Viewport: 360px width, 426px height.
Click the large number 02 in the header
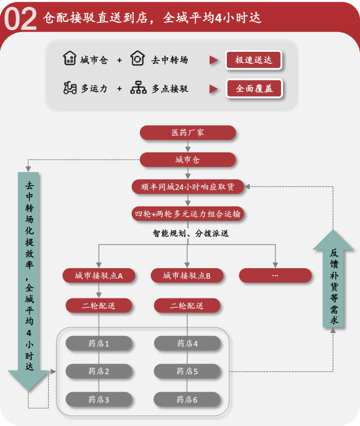coord(20,19)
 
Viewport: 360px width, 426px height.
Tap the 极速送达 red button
coord(253,60)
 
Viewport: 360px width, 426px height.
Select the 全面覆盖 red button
coord(255,88)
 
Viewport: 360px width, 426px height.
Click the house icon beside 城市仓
coord(70,58)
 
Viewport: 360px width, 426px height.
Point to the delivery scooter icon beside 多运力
coord(70,88)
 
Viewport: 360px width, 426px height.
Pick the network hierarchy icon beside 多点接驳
coord(138,88)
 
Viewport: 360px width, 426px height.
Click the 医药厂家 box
coord(188,133)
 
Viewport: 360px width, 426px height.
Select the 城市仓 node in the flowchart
coord(188,160)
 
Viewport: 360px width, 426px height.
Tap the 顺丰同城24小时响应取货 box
coord(188,187)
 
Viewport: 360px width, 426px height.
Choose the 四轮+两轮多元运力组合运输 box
coord(188,214)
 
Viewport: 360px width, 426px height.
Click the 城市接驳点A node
coord(99,276)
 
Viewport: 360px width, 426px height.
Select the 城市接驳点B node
coord(187,276)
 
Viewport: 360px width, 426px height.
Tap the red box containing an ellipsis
coord(275,276)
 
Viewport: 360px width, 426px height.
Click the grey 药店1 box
coord(99,343)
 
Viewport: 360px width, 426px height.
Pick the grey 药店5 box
coord(187,371)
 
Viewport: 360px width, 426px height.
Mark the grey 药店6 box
coord(187,399)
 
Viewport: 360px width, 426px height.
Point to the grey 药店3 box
coord(99,399)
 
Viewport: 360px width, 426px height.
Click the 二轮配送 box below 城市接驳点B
coord(187,306)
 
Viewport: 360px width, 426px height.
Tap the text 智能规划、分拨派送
coord(190,233)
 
